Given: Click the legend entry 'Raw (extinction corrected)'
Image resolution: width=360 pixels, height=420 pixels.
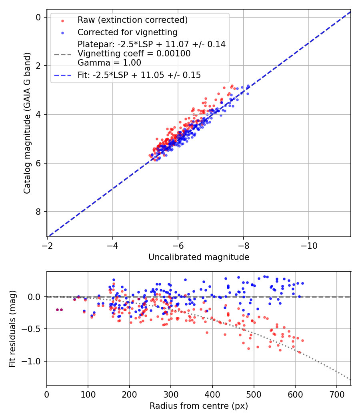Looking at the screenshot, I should [132, 20].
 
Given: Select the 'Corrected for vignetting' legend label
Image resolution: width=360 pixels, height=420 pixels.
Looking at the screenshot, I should [127, 32].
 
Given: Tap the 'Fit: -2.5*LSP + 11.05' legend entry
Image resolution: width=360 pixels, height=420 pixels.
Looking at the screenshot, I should [139, 75].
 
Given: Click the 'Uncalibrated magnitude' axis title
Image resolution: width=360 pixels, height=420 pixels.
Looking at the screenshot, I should [199, 257].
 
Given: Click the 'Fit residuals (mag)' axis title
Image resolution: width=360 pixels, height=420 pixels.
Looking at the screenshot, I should [12, 329].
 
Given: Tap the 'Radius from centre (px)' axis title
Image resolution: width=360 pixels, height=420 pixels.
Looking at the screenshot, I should [199, 406].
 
